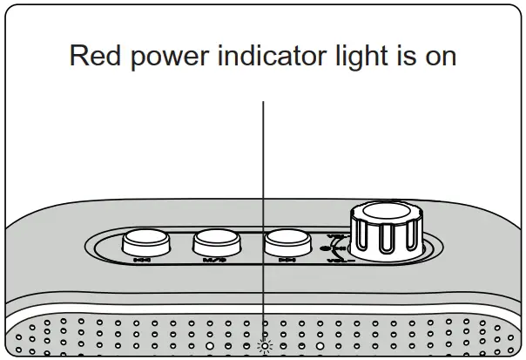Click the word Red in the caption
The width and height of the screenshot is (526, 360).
pos(92,56)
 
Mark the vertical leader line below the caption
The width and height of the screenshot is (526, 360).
pos(264,218)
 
